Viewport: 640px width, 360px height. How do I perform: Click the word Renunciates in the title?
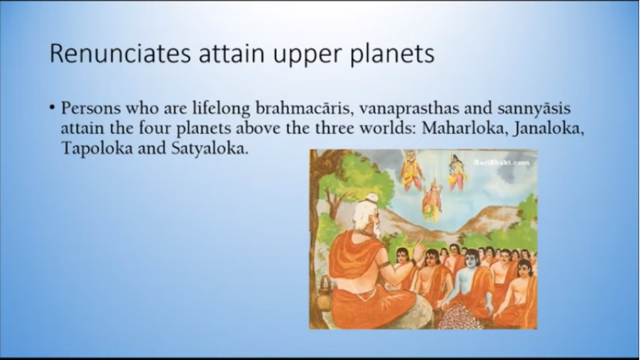click(120, 52)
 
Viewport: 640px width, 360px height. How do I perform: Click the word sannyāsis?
click(534, 109)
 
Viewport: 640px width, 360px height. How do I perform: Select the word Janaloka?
click(549, 128)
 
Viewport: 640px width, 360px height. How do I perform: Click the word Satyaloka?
click(209, 148)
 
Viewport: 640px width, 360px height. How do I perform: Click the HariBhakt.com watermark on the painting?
click(502, 162)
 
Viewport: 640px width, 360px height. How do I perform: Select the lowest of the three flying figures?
click(432, 200)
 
